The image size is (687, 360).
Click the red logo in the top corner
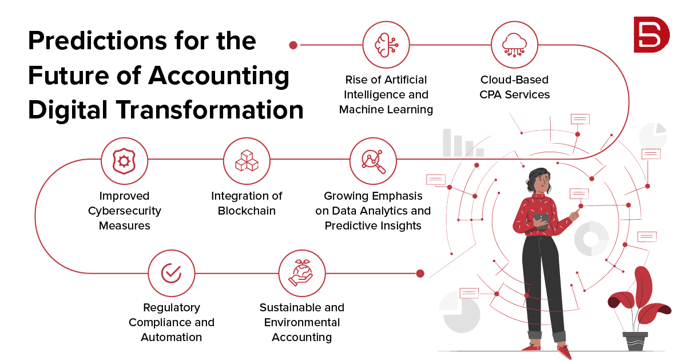(651, 34)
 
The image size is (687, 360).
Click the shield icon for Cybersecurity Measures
(124, 161)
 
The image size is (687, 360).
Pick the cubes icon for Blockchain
(247, 161)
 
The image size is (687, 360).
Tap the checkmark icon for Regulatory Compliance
(172, 273)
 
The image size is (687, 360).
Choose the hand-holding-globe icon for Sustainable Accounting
(301, 273)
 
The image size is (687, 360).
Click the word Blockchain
(247, 211)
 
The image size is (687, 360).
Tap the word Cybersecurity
(125, 211)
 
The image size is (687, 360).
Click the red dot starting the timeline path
(293, 45)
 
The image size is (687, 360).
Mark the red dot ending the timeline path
(420, 274)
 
